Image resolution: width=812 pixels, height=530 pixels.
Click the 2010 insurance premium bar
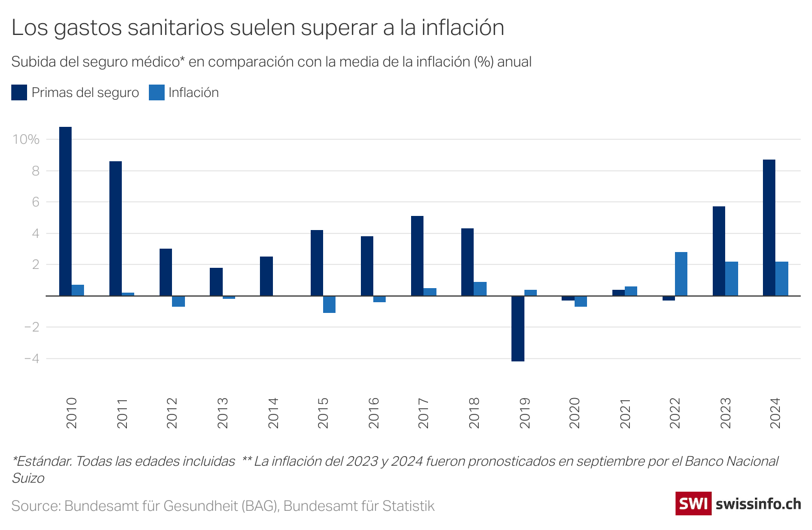[x=65, y=211]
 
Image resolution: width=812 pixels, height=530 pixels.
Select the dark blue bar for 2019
[x=518, y=328]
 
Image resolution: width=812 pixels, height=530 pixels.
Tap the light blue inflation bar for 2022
[x=681, y=274]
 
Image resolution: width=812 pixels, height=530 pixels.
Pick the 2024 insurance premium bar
[x=769, y=228]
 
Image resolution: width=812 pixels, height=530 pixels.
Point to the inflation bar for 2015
[x=329, y=304]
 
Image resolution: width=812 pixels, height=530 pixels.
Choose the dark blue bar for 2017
[x=417, y=256]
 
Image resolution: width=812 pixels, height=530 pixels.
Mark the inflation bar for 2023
[x=731, y=279]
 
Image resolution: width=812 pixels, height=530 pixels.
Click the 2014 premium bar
[x=266, y=276]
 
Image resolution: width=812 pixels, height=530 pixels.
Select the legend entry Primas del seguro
[x=85, y=92]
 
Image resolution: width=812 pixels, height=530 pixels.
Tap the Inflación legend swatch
[x=156, y=92]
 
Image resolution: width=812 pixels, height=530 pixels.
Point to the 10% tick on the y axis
[x=26, y=139]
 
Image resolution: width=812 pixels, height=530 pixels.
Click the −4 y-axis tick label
[x=32, y=359]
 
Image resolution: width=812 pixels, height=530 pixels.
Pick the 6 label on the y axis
[x=36, y=202]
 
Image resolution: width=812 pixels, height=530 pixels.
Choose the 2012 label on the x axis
[x=172, y=413]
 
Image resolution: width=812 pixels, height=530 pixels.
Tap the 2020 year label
[x=575, y=413]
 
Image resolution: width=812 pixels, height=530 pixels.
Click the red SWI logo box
[x=693, y=503]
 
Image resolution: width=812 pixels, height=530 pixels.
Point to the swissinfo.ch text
[x=758, y=503]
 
